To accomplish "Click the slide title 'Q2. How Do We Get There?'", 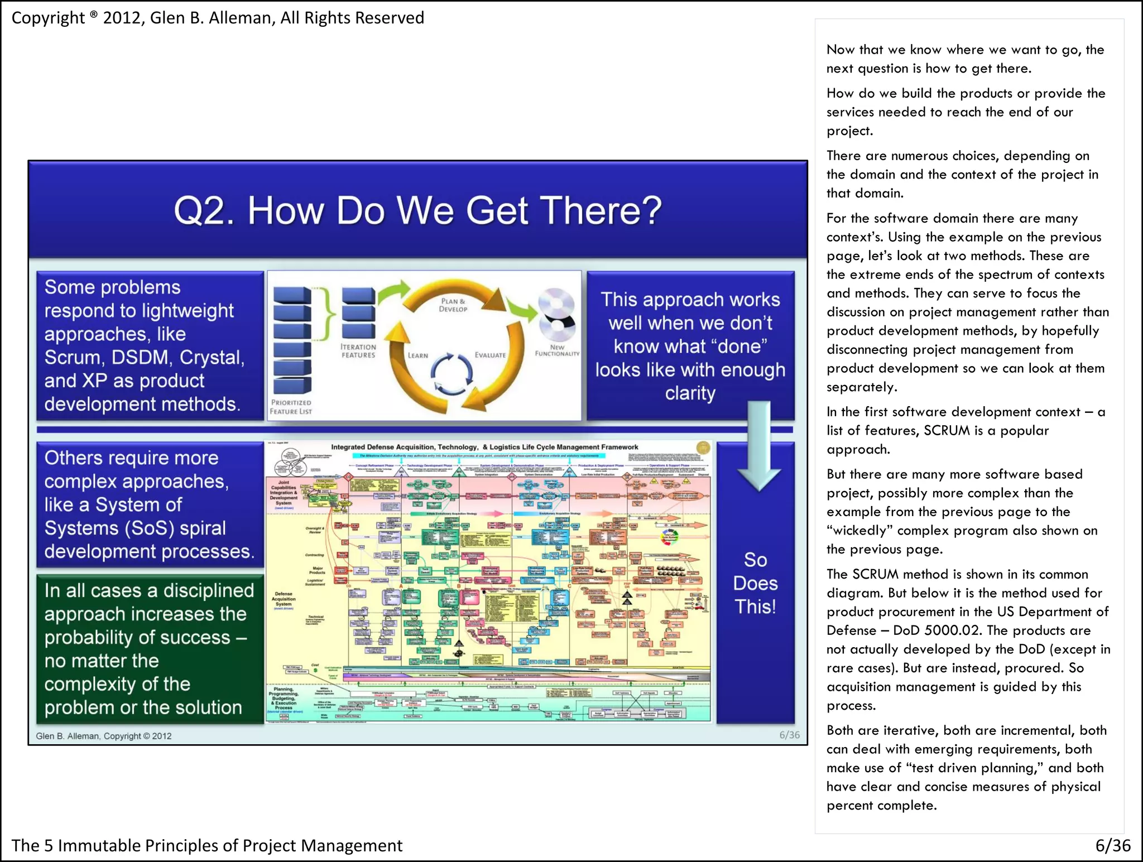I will pos(417,211).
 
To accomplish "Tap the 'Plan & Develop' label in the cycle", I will pos(453,305).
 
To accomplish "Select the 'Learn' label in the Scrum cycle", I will pos(417,355).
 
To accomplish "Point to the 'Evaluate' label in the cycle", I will pos(490,355).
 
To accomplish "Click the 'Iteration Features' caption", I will pos(358,351).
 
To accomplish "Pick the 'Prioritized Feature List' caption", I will pos(291,407).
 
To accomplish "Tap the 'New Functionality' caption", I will pos(557,350).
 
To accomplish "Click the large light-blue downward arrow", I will pos(758,446).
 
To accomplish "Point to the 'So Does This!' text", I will pos(755,583).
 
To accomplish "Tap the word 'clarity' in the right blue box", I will pos(690,393).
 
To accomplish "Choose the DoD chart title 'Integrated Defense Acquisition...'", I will pos(484,447).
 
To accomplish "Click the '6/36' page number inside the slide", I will pos(789,735).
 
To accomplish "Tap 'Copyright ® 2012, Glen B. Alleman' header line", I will pos(218,18).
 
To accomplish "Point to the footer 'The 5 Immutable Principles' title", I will pos(206,845).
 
